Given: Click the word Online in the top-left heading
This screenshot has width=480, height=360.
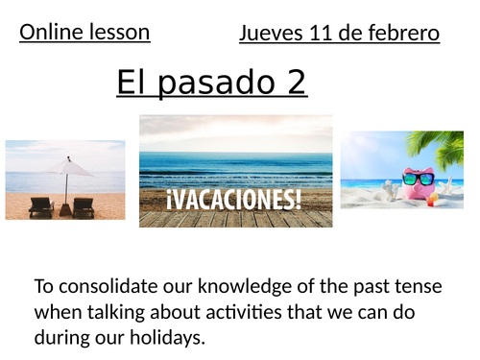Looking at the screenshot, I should click(x=49, y=32).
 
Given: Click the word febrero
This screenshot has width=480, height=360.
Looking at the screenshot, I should click(x=404, y=35).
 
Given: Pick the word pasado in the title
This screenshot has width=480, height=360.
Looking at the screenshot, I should click(x=216, y=84).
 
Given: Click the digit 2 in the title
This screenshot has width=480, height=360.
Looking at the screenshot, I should click(x=296, y=84).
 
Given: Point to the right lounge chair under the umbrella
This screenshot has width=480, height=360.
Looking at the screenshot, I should click(x=84, y=205).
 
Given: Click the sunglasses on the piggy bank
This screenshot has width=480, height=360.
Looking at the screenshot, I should click(x=418, y=178).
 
